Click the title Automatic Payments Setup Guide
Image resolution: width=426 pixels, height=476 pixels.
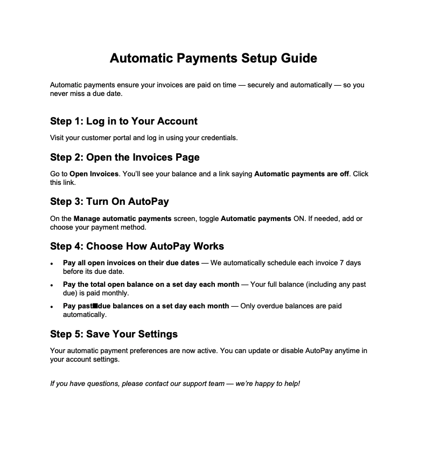pos(213,58)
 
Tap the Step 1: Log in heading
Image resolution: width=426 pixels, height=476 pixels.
pos(124,121)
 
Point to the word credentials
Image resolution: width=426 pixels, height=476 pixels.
pos(219,137)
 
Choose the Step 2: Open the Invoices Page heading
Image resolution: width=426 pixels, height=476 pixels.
pos(125,157)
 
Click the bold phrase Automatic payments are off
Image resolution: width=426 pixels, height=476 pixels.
pos(301,174)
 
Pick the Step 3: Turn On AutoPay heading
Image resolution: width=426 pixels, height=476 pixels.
pos(109,202)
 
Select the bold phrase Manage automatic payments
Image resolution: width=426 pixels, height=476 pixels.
pos(123,218)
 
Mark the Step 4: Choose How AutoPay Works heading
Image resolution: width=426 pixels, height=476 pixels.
pos(137,246)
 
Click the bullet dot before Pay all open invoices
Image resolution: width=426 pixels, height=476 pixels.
pos(52,264)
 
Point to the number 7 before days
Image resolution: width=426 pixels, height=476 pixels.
pos(342,263)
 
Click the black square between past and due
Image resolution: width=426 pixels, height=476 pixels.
pos(95,306)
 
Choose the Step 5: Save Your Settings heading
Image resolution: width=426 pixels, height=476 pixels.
pos(114,334)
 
